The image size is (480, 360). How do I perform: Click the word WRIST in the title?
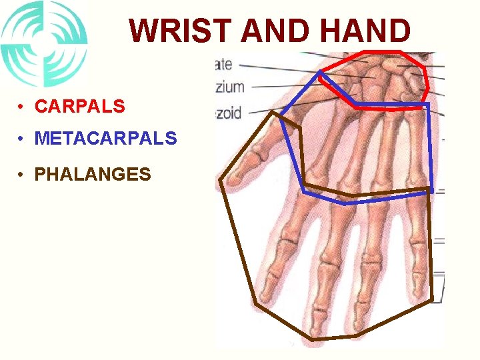coord(180,31)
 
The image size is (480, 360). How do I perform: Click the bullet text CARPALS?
coord(79,106)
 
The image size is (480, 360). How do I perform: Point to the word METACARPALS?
coord(105,139)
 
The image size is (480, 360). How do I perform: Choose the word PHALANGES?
coord(93,175)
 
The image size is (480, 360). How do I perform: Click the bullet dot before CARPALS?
coord(23,107)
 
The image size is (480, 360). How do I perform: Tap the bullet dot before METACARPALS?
coord(23,139)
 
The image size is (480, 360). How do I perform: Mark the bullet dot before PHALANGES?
coord(23,175)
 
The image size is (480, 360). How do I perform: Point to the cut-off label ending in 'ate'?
coord(223,65)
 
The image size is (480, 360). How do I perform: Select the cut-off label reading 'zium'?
coord(229,87)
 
